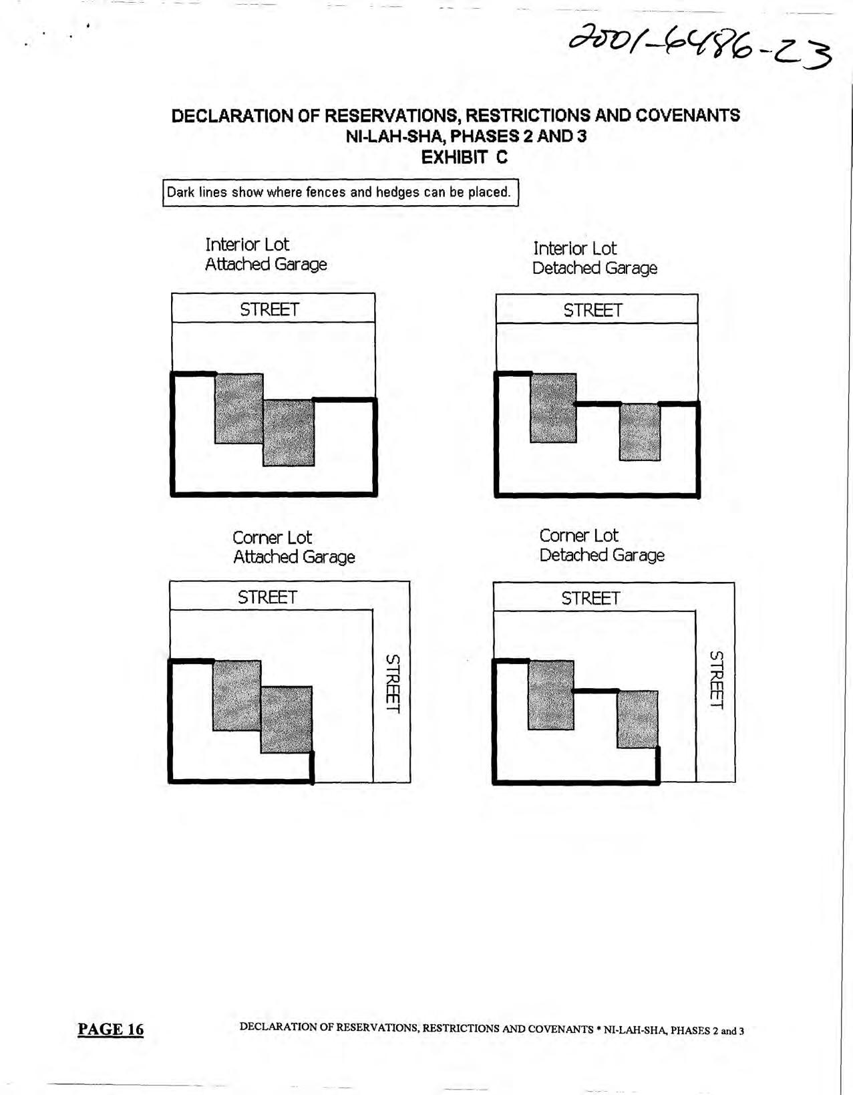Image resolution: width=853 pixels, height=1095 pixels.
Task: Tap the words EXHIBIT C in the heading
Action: pyautogui.click(x=464, y=158)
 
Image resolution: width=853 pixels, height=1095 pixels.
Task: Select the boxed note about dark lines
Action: pyautogui.click(x=340, y=192)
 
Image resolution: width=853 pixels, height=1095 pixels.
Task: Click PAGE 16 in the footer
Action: pyautogui.click(x=110, y=1029)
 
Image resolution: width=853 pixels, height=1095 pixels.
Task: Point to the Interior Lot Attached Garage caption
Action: pyautogui.click(x=265, y=255)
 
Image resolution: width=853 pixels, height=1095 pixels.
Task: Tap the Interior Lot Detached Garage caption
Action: pyautogui.click(x=594, y=259)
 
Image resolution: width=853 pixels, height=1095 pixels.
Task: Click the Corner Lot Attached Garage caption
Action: pyautogui.click(x=293, y=547)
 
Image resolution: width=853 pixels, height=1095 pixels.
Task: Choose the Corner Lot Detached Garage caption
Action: pyautogui.click(x=601, y=545)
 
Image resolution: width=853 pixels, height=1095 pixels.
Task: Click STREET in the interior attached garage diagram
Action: pyautogui.click(x=269, y=309)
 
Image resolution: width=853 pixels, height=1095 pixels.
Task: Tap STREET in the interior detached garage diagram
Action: pyautogui.click(x=592, y=310)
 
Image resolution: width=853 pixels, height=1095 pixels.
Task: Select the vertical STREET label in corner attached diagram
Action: pyautogui.click(x=393, y=683)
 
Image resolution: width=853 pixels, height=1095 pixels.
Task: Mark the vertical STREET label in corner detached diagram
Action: pyautogui.click(x=716, y=680)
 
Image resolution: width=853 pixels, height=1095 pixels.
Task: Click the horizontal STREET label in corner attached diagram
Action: pyautogui.click(x=267, y=597)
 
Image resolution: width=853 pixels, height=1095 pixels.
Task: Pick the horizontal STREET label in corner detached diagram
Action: pyautogui.click(x=590, y=598)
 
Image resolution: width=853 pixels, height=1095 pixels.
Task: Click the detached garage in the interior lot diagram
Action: pyautogui.click(x=639, y=432)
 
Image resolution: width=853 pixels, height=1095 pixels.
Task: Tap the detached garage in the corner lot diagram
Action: pyautogui.click(x=637, y=719)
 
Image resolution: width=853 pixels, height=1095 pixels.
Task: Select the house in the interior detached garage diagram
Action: pyautogui.click(x=553, y=408)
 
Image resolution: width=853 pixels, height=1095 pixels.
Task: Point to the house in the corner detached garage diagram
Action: pyautogui.click(x=550, y=695)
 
